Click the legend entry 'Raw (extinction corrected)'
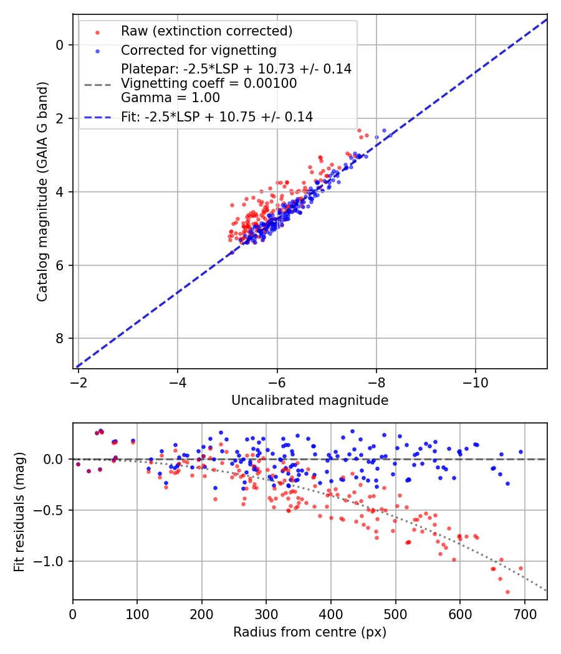coord(206,31)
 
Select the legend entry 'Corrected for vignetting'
coord(198,50)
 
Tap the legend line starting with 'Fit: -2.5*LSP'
coord(217,116)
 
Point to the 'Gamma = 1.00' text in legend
coord(170,97)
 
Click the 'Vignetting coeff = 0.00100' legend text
coord(209,83)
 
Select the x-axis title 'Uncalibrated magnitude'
coord(310,400)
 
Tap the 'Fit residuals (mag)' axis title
coord(19,512)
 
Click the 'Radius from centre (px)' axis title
coord(310,632)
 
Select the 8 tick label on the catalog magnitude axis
coord(60,338)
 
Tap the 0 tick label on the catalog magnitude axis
coord(60,45)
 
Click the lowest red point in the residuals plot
coord(507,592)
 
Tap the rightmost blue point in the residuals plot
coord(520,452)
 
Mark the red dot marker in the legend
coord(97,32)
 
